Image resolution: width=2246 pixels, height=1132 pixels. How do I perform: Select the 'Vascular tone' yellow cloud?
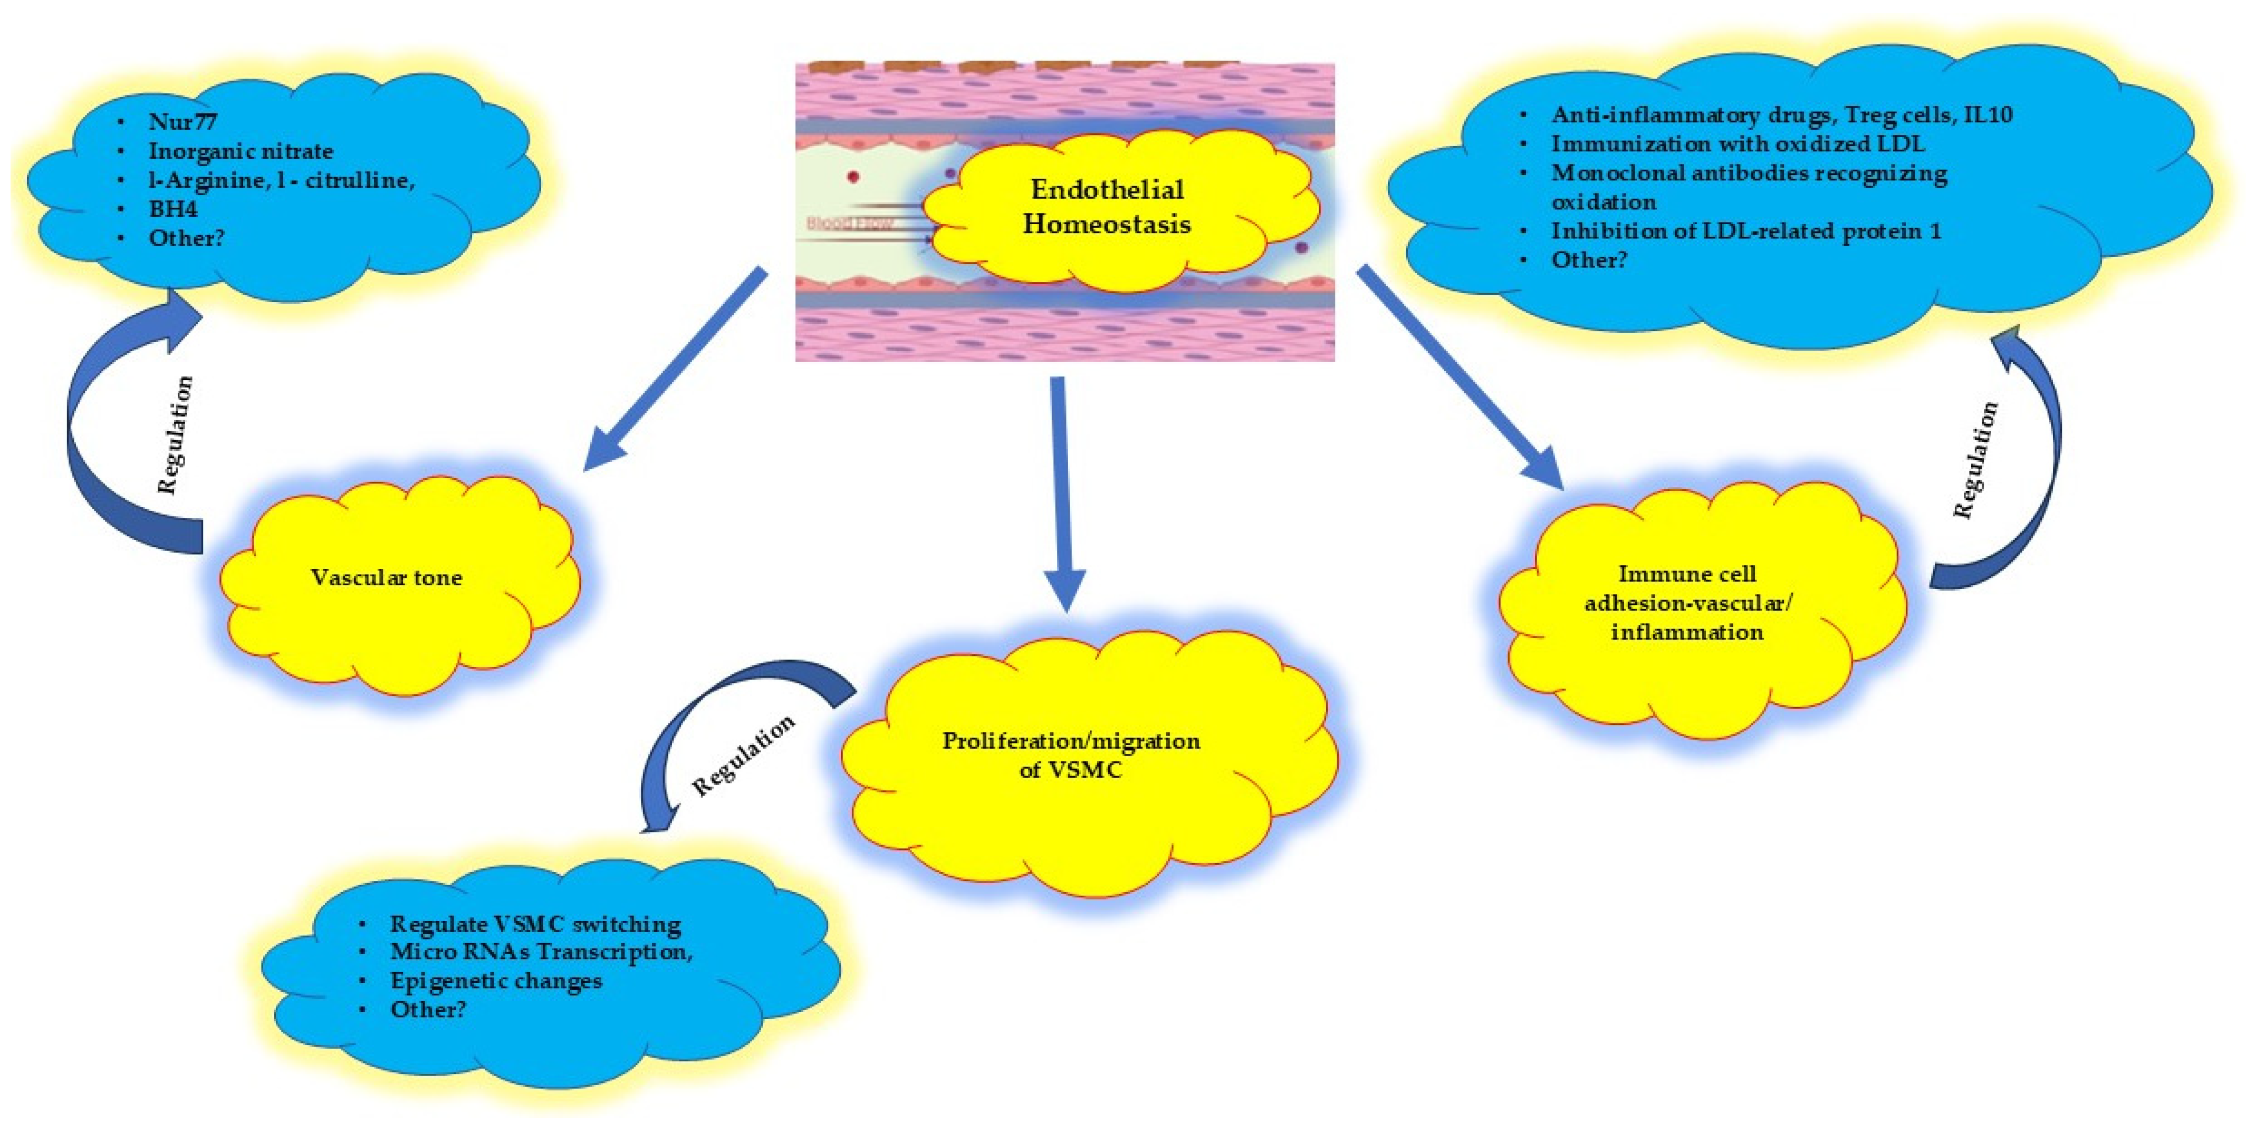386,578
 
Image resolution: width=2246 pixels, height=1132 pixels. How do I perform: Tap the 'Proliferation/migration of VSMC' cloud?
1071,754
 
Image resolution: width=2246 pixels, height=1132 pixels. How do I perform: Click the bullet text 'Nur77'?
183,122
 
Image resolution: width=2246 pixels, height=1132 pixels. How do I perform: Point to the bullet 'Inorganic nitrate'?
241,151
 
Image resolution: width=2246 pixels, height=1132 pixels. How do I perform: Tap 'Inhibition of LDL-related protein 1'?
1745,231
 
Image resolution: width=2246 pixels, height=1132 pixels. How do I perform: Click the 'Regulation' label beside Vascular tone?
175,435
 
